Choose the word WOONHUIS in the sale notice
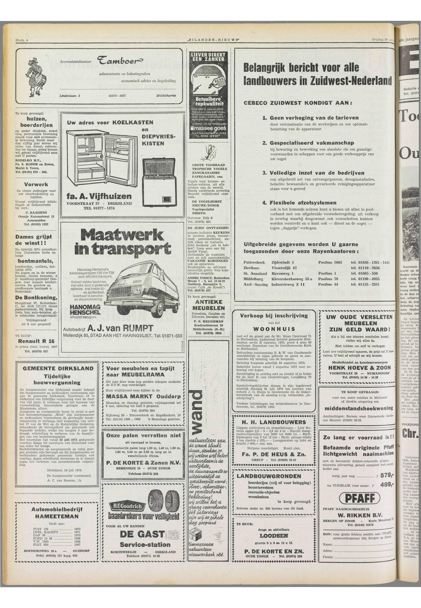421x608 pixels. (274, 329)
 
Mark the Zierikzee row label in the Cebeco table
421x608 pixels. (251, 268)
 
